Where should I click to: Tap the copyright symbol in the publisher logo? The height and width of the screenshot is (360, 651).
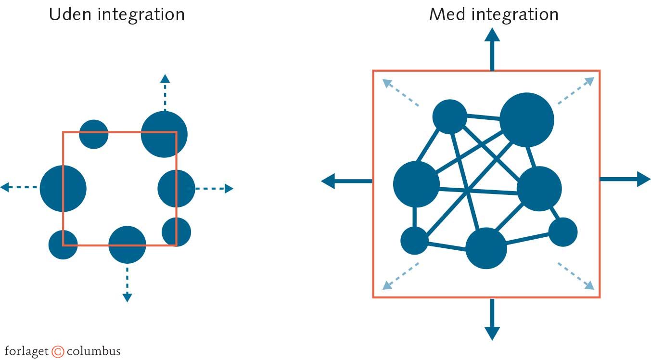(58, 351)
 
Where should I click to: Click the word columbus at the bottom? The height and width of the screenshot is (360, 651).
(94, 351)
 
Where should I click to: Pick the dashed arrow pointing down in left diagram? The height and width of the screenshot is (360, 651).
(127, 284)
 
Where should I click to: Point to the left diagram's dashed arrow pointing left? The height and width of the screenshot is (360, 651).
(19, 187)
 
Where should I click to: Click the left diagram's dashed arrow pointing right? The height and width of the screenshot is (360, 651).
(215, 189)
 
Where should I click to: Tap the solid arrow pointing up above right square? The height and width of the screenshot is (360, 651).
(492, 49)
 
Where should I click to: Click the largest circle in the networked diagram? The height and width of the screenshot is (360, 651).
(527, 119)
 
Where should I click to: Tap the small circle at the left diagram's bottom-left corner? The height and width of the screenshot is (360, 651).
(63, 244)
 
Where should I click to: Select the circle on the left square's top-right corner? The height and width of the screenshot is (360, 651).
(164, 134)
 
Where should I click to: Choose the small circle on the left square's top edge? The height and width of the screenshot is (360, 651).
(94, 134)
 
